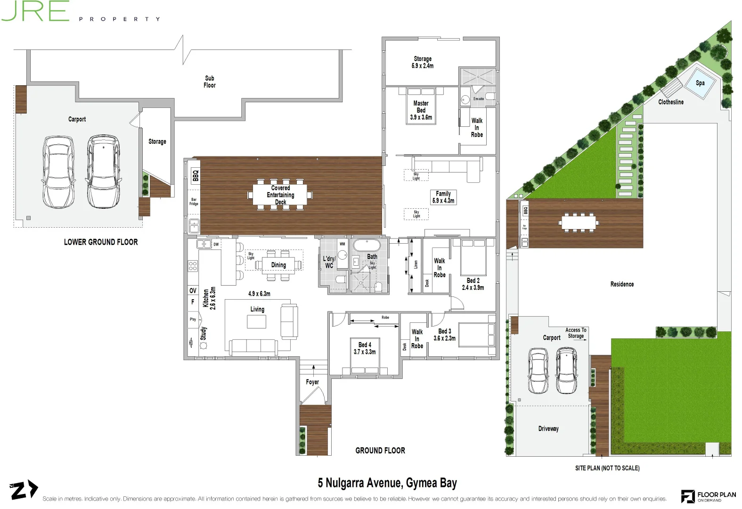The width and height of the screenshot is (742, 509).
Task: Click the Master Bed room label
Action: (x=421, y=110)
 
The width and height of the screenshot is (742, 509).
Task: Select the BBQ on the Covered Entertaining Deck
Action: (x=195, y=176)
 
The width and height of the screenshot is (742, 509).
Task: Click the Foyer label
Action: (x=312, y=382)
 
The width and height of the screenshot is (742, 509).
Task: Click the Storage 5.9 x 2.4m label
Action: (x=422, y=62)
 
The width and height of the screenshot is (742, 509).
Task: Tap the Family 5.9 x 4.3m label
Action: (x=443, y=197)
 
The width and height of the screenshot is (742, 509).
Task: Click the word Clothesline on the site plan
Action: (x=670, y=102)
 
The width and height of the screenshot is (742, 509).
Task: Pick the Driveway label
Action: (x=548, y=428)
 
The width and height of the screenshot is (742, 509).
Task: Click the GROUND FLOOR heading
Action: (x=380, y=451)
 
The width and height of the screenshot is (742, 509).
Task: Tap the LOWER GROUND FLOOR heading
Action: (x=101, y=242)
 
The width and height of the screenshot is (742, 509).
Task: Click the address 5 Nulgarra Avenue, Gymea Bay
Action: (x=387, y=483)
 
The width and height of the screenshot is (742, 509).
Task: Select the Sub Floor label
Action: (x=209, y=82)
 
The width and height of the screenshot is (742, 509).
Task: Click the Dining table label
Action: (x=278, y=265)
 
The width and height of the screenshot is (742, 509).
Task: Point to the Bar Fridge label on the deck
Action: (x=194, y=202)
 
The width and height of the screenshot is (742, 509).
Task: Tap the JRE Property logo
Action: (x=80, y=12)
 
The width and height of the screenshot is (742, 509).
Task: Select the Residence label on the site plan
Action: (x=621, y=284)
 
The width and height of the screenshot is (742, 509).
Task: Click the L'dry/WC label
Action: (x=329, y=262)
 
